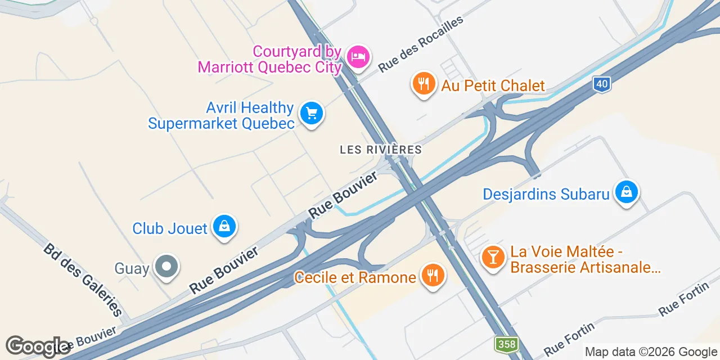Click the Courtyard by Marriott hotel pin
pyautogui.click(x=358, y=56)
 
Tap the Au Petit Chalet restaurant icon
pyautogui.click(x=424, y=84)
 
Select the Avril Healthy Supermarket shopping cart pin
pyautogui.click(x=311, y=114)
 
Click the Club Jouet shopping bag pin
pyautogui.click(x=224, y=227)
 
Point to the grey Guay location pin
pyautogui.click(x=166, y=267)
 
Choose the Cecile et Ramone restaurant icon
pyautogui.click(x=432, y=276)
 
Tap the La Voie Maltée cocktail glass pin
pyautogui.click(x=493, y=257)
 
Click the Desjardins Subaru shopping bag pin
pyautogui.click(x=627, y=192)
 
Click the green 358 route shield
pyautogui.click(x=506, y=344)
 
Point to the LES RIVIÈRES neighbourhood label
pyautogui.click(x=381, y=150)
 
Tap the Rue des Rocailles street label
pyautogui.click(x=421, y=43)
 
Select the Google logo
pyautogui.click(x=37, y=347)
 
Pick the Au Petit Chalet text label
pyautogui.click(x=493, y=85)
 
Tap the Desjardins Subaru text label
pyautogui.click(x=546, y=194)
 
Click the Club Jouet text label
pyautogui.click(x=170, y=228)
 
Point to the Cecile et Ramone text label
pyautogui.click(x=355, y=277)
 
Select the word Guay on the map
pyautogui.click(x=132, y=268)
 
